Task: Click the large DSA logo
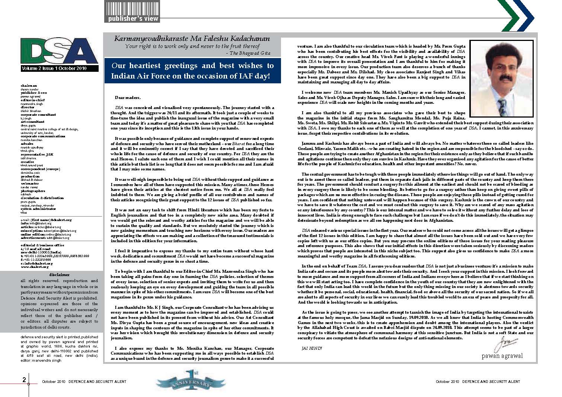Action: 59,50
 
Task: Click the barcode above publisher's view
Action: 132,8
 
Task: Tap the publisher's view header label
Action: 133,19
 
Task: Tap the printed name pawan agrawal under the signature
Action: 502,356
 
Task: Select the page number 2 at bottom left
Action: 24,380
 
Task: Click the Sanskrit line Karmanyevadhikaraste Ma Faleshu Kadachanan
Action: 192,39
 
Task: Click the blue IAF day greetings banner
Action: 192,71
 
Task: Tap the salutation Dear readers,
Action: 128,97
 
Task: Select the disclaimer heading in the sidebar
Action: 60,275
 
